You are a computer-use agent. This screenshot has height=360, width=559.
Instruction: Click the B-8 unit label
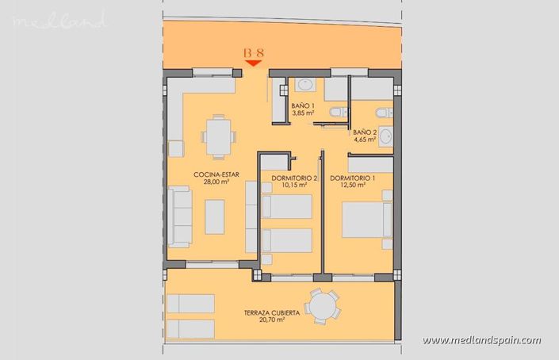click(254, 55)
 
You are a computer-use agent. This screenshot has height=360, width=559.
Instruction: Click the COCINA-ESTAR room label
click(216, 174)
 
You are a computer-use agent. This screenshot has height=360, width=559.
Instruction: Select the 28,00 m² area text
click(216, 182)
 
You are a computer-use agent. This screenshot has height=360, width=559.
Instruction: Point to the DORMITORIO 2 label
click(293, 178)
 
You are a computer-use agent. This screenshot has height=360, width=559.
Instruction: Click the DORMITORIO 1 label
click(354, 178)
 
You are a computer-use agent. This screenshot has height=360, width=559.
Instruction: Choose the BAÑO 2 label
click(365, 132)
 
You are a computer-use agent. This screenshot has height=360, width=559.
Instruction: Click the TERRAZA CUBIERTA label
click(272, 313)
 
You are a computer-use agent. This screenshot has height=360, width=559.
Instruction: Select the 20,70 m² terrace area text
click(272, 321)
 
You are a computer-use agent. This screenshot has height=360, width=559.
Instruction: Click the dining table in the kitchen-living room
click(217, 136)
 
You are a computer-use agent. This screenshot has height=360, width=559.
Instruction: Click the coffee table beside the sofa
click(215, 216)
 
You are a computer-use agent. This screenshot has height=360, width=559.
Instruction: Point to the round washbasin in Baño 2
click(386, 136)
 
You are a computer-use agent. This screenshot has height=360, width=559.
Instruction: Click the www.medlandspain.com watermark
click(481, 341)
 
